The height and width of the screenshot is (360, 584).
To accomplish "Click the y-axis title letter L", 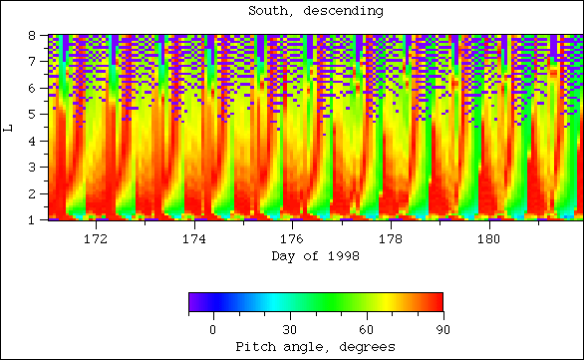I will [9, 127].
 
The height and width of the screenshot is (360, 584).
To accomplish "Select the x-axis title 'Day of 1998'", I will [314, 256].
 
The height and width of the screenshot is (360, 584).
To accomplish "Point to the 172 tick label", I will [96, 239].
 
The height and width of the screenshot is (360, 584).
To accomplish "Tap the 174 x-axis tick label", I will [194, 239].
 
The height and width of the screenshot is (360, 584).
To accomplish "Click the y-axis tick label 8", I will [32, 35].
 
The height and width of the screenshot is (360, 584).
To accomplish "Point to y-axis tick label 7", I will [32, 61].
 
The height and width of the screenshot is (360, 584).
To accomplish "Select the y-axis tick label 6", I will [32, 88].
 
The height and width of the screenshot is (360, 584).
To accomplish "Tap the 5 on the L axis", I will [32, 114].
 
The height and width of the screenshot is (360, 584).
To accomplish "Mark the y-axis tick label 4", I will [32, 141].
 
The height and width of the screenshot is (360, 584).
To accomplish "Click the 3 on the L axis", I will [32, 167].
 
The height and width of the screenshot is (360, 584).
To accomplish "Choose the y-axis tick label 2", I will [32, 193].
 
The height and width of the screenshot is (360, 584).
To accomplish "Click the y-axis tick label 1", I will [32, 219].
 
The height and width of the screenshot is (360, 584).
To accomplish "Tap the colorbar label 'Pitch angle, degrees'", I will [314, 346].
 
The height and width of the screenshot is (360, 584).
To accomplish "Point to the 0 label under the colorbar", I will [212, 328].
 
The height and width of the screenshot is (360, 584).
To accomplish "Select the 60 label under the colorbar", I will [366, 328].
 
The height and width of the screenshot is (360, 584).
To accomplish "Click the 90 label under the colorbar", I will [442, 328].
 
